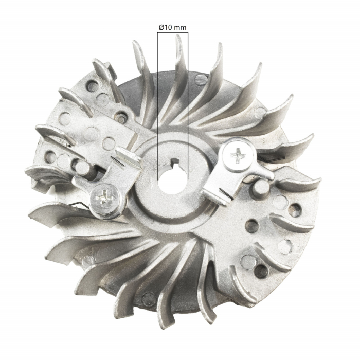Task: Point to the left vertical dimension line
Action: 157,103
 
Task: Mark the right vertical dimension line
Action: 188,103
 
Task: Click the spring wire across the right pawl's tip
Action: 222,193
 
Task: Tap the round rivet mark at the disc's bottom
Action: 149,297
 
